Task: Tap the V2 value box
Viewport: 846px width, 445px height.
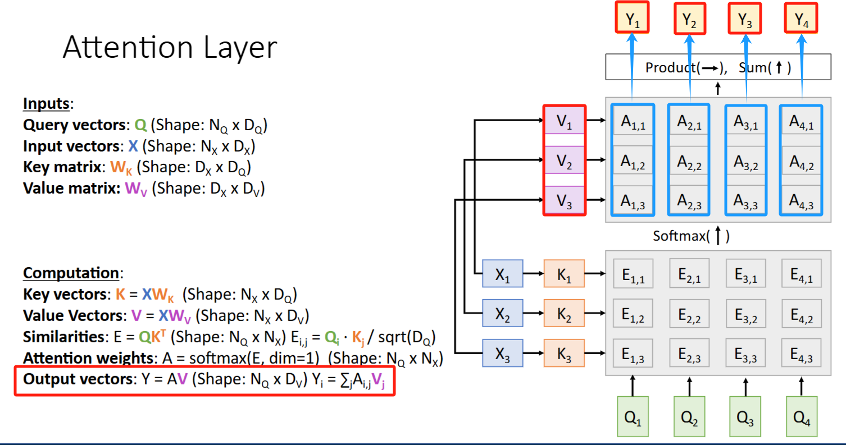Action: (565, 162)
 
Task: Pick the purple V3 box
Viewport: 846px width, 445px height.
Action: (565, 200)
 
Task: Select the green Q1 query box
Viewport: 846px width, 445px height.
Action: (633, 416)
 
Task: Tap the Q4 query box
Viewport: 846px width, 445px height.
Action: (801, 416)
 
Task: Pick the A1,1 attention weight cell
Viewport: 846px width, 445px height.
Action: (633, 123)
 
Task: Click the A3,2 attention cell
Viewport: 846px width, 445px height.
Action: (745, 162)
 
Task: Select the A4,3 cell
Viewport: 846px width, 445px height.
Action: (802, 200)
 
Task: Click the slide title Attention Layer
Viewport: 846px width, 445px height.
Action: (170, 48)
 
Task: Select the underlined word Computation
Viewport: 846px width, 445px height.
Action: (71, 273)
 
